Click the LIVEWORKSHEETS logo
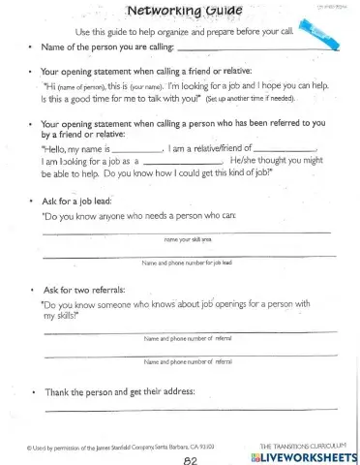303,454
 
